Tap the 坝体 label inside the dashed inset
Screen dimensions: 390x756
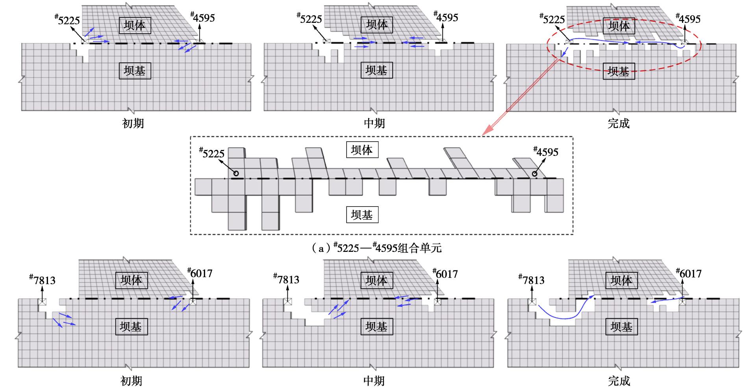(362, 150)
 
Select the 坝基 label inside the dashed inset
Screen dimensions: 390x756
(362, 215)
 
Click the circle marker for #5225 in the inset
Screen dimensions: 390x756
(236, 173)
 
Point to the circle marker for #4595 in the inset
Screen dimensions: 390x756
(535, 174)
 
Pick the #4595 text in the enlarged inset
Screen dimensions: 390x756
(546, 152)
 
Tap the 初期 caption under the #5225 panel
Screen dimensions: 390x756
(133, 123)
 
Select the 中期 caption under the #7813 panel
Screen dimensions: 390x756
(374, 381)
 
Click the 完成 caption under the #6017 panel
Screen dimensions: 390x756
(619, 381)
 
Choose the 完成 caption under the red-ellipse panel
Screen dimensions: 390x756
(619, 123)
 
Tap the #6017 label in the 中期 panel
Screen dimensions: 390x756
(445, 274)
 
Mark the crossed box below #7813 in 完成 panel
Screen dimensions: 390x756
(532, 302)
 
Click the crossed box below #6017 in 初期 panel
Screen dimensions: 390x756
(193, 301)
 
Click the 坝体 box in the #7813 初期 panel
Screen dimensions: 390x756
(131, 280)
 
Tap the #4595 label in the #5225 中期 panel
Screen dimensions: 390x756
(446, 17)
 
